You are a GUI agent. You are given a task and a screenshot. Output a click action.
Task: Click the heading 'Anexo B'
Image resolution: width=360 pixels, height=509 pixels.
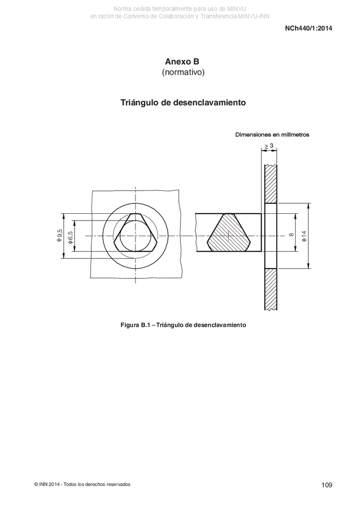(182, 61)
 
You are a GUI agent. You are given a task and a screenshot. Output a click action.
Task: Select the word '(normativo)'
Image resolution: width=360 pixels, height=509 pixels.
(183, 72)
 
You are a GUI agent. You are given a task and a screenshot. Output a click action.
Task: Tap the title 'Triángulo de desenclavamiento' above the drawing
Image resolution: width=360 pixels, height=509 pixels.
(183, 103)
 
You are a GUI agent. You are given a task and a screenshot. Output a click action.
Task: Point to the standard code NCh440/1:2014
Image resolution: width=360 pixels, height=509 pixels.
(308, 28)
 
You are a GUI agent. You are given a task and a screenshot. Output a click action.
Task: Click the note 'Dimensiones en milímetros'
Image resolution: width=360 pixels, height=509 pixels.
(272, 135)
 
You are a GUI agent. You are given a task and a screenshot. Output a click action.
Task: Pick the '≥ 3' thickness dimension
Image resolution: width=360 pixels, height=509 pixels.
(269, 146)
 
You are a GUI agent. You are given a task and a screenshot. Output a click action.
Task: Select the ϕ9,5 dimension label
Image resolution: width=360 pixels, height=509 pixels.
(59, 235)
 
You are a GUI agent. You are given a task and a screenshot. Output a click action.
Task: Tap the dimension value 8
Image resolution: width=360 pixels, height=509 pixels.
(291, 235)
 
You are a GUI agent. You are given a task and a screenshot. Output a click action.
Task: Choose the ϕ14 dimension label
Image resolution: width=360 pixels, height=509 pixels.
(303, 236)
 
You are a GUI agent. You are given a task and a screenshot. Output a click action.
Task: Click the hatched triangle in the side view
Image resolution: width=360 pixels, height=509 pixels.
(229, 233)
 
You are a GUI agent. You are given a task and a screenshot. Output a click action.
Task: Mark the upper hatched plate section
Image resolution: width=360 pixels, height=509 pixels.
(271, 184)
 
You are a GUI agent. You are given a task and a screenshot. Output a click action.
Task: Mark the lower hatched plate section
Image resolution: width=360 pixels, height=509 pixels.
(271, 289)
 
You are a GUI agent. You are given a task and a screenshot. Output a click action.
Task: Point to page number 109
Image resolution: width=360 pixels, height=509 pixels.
(327, 485)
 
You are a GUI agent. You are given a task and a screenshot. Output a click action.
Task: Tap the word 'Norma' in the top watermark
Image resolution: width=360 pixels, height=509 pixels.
(122, 9)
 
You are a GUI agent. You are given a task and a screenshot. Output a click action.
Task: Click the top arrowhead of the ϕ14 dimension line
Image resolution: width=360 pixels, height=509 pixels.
(308, 206)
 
